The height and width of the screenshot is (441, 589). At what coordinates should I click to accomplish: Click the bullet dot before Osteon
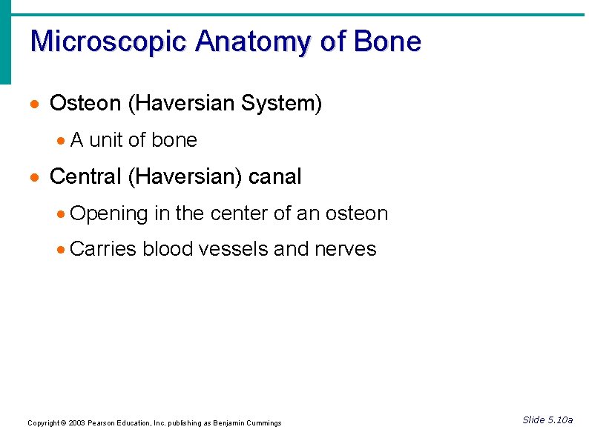point(34,105)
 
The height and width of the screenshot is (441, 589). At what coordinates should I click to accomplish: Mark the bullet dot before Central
point(34,178)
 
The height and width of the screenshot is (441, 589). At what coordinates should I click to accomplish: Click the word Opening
point(109,214)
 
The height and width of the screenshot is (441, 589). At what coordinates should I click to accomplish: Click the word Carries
point(103,250)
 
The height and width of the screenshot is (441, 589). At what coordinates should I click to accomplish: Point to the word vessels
point(234,250)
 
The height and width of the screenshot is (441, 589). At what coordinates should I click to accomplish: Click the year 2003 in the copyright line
point(76,423)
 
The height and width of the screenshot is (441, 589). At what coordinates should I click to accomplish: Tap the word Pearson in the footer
point(102,423)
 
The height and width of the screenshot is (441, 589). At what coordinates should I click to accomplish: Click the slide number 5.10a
point(560,420)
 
